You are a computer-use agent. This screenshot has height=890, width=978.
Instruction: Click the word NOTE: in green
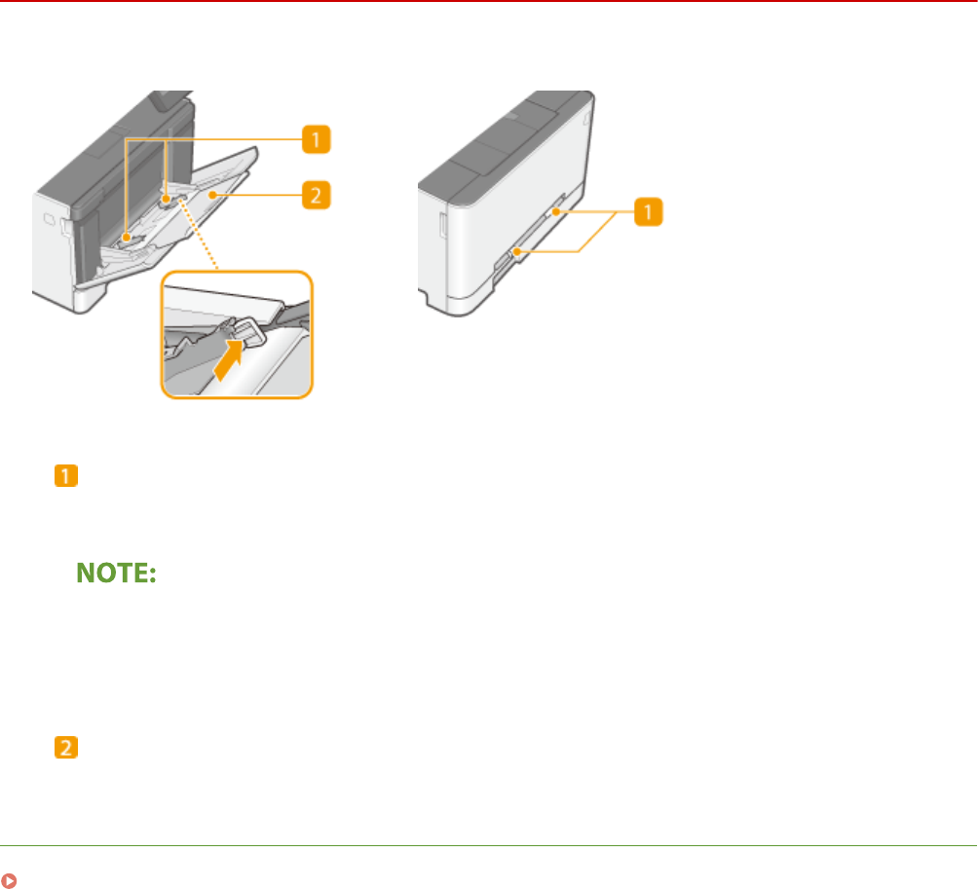click(x=117, y=575)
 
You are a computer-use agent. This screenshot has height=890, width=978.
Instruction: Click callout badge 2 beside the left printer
click(x=314, y=196)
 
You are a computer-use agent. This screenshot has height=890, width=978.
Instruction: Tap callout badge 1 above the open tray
click(x=314, y=141)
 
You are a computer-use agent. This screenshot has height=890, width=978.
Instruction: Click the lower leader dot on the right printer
click(x=518, y=252)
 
